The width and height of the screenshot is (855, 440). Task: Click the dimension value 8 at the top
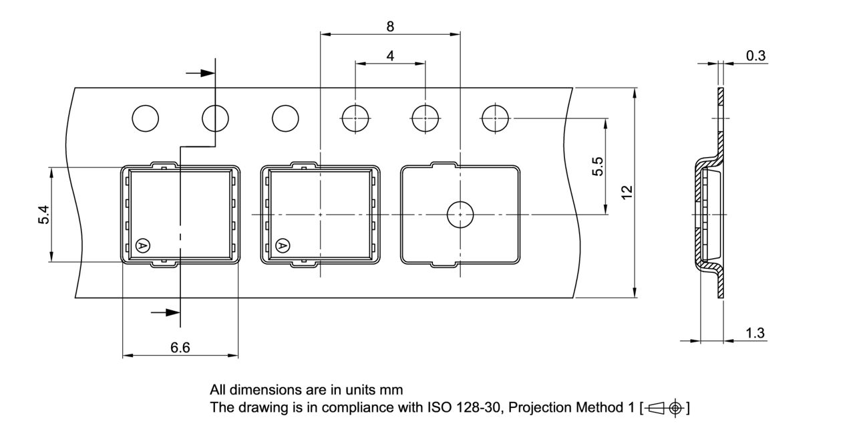[390, 26]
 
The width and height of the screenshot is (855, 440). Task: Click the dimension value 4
[390, 56]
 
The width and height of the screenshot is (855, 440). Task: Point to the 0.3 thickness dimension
[755, 56]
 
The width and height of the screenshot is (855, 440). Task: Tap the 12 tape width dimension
[627, 192]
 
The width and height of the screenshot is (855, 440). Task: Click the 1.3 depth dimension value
[755, 333]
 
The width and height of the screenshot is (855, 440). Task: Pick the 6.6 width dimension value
[180, 347]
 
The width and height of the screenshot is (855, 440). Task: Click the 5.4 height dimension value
[43, 215]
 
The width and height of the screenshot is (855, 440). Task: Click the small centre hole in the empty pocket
[460, 214]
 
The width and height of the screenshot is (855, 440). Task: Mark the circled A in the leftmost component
[142, 246]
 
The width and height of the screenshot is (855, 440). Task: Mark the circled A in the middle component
[283, 246]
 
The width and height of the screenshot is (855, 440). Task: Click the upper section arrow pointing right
[200, 74]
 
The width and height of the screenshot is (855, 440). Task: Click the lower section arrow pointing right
[165, 312]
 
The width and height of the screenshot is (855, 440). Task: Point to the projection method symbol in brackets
[664, 407]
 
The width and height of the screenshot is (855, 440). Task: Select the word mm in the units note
[393, 389]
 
